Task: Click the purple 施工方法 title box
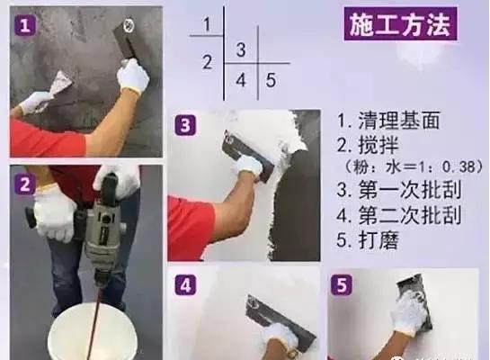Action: [401, 24]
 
